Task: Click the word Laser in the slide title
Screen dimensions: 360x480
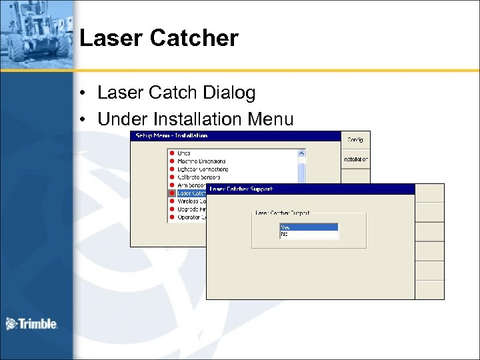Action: tap(111, 38)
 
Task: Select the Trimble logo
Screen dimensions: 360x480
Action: tap(31, 324)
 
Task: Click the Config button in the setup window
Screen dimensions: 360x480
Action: tap(355, 139)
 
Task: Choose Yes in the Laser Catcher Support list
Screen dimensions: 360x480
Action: tap(309, 227)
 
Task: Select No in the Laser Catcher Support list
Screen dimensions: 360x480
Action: tap(309, 234)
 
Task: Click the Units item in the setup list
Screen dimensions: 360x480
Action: tap(183, 153)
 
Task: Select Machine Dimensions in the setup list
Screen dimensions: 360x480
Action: tap(201, 161)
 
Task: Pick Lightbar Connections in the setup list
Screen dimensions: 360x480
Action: tap(202, 169)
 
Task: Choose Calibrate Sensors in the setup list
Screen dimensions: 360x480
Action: tap(199, 177)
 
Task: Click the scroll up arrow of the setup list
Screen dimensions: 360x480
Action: tap(301, 153)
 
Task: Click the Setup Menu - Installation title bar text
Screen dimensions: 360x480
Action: tap(172, 135)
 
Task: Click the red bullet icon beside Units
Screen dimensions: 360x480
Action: tap(171, 153)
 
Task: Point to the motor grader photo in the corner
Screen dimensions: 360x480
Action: tap(37, 33)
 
